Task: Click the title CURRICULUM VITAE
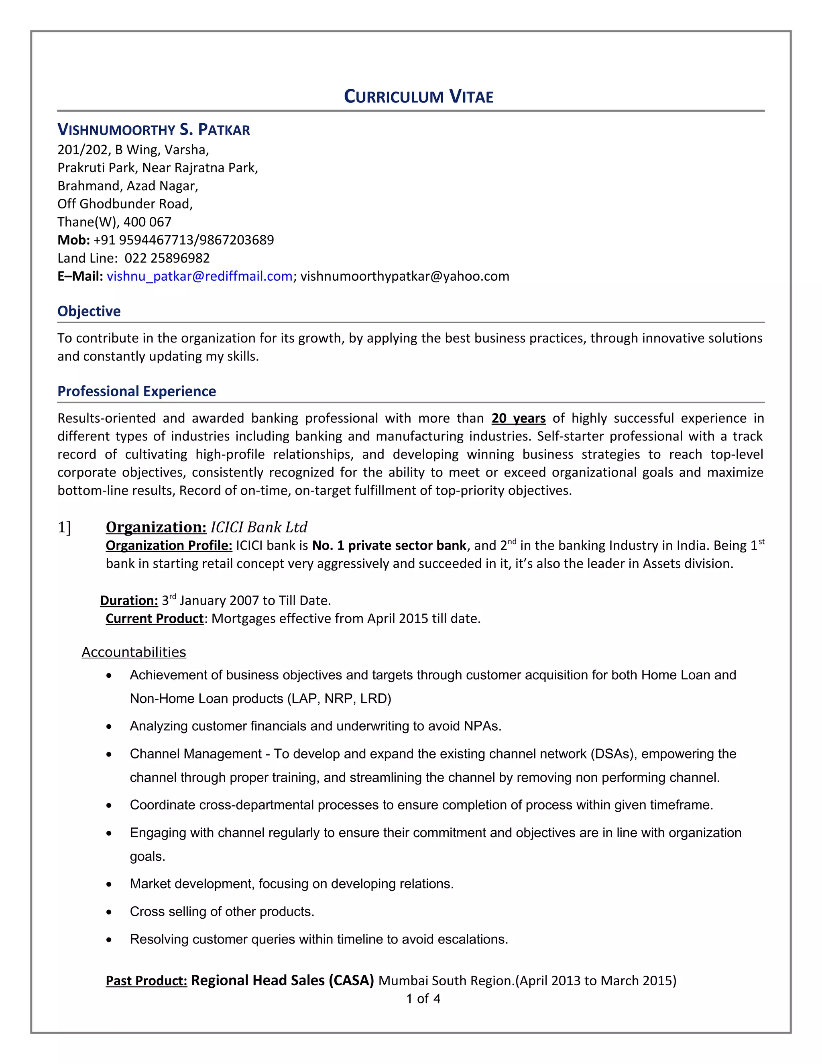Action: (418, 96)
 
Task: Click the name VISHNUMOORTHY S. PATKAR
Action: (153, 130)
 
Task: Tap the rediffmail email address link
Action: (199, 276)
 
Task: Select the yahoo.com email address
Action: (404, 276)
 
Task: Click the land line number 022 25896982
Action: (167, 258)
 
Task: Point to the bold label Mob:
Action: (73, 240)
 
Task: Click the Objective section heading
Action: (89, 311)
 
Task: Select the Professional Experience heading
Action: (136, 391)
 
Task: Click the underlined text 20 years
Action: (518, 418)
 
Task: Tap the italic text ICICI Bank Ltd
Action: (258, 527)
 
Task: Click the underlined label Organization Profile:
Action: (169, 546)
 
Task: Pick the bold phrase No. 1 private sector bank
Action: (389, 546)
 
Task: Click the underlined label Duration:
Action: (129, 601)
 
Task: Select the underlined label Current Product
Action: (155, 619)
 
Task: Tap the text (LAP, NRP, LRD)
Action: (340, 699)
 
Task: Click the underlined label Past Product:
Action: (146, 981)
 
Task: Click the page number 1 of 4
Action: (423, 999)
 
